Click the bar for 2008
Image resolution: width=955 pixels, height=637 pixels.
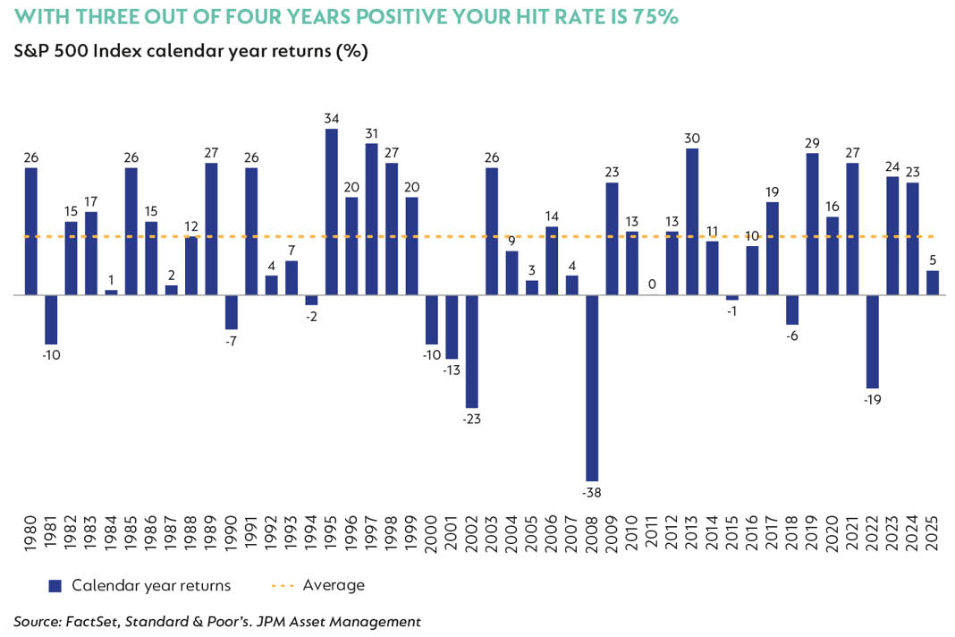(592, 387)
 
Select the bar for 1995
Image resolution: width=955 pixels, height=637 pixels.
(332, 211)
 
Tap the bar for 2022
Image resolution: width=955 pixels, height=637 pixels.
(873, 341)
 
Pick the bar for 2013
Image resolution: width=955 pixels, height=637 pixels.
(691, 221)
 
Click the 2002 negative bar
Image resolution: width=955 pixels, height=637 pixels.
(472, 351)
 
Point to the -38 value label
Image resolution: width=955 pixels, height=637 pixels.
(592, 492)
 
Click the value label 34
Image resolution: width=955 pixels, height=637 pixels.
(332, 118)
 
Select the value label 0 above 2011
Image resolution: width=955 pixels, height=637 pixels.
(652, 284)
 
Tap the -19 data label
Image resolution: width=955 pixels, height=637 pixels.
(873, 399)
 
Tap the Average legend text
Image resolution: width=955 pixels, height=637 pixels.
(334, 585)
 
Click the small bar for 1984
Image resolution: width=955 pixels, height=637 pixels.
(111, 292)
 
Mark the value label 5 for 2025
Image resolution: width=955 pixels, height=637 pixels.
(933, 259)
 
